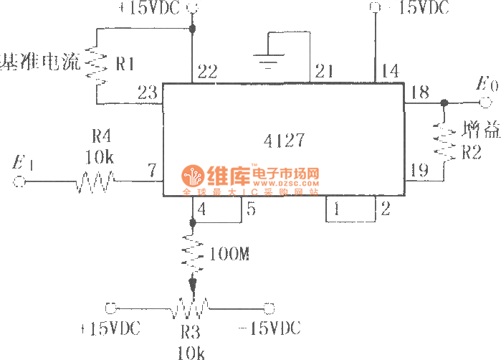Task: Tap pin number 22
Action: tap(207, 71)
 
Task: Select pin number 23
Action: tap(147, 92)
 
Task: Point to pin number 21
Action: tap(325, 71)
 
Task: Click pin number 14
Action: tap(390, 71)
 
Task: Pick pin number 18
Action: tap(420, 91)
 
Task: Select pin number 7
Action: tap(151, 170)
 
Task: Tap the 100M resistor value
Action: tap(229, 254)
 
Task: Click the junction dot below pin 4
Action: tap(192, 223)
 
